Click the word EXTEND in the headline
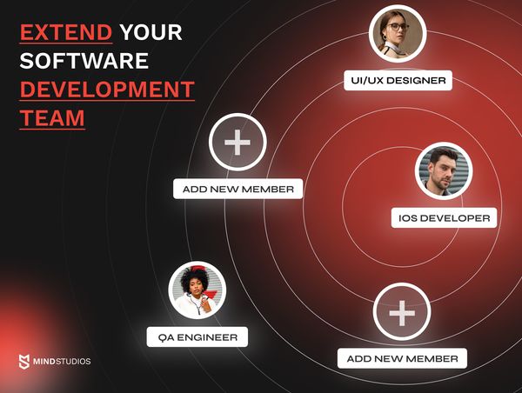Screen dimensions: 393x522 tap(66, 33)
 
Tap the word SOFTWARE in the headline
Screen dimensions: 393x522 tap(84, 61)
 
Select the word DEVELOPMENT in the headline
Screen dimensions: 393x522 tap(107, 90)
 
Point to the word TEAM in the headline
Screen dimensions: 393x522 tap(52, 117)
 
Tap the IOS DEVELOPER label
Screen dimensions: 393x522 tap(444, 217)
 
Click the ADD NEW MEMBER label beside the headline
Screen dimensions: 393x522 tap(238, 189)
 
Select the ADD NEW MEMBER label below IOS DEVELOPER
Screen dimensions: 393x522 tap(402, 358)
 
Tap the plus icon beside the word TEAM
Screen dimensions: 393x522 tap(238, 142)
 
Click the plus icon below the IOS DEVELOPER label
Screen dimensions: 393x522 tap(401, 312)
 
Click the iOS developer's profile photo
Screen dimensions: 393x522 tap(443, 171)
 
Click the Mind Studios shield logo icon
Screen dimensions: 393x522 tap(24, 361)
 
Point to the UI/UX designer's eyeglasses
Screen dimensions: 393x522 tap(397, 27)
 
